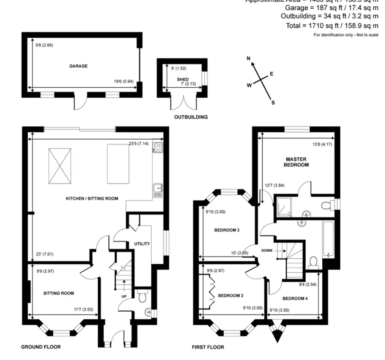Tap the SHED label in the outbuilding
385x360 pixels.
click(x=182, y=79)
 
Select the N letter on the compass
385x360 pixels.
click(x=248, y=59)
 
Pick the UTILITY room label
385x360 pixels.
click(x=142, y=244)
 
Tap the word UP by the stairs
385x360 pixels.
click(x=124, y=297)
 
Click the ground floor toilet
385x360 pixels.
click(x=142, y=297)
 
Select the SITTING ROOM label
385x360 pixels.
click(x=59, y=293)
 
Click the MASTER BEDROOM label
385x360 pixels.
click(x=296, y=162)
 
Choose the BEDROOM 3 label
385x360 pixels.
click(x=227, y=230)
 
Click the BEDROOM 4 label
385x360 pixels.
click(x=295, y=298)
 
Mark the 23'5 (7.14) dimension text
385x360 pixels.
click(x=139, y=143)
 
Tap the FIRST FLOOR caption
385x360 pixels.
click(x=208, y=347)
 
